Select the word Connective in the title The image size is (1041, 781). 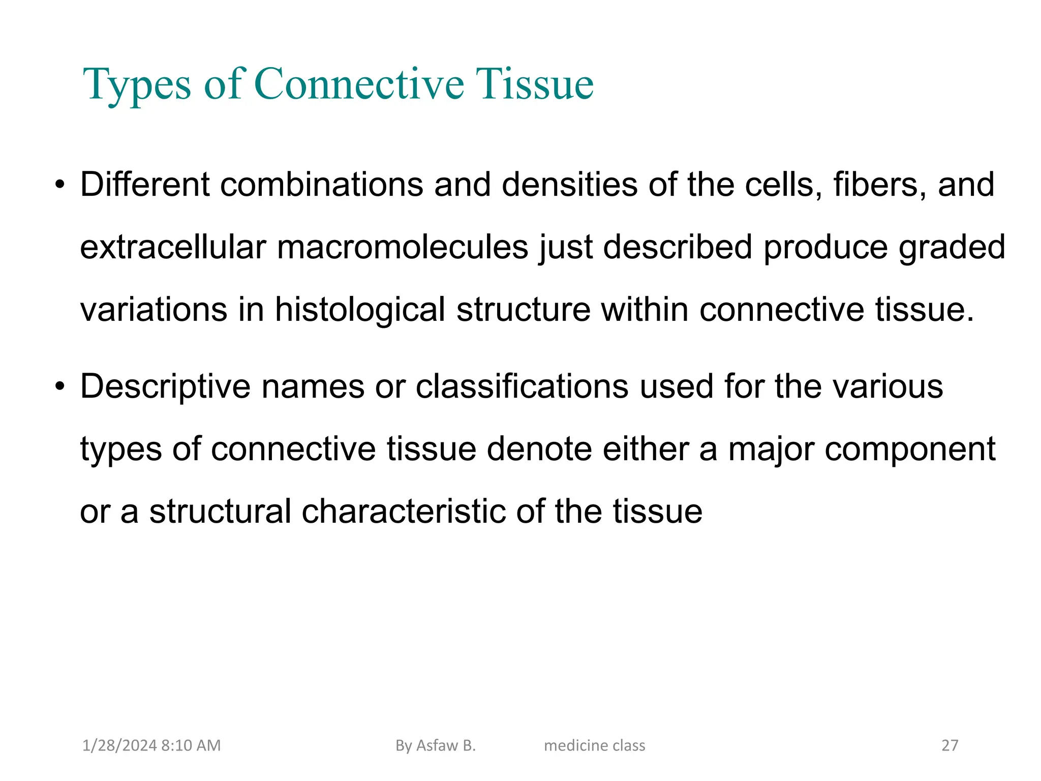coord(359,84)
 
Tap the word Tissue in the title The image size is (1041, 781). coord(534,84)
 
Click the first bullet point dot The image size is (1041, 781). coord(60,185)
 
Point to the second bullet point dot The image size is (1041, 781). coord(60,387)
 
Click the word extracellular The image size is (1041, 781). coord(173,247)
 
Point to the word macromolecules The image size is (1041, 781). coord(403,247)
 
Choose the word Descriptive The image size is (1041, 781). coord(165,387)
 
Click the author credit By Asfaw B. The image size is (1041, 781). coord(436,745)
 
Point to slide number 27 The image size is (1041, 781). coord(950,745)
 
